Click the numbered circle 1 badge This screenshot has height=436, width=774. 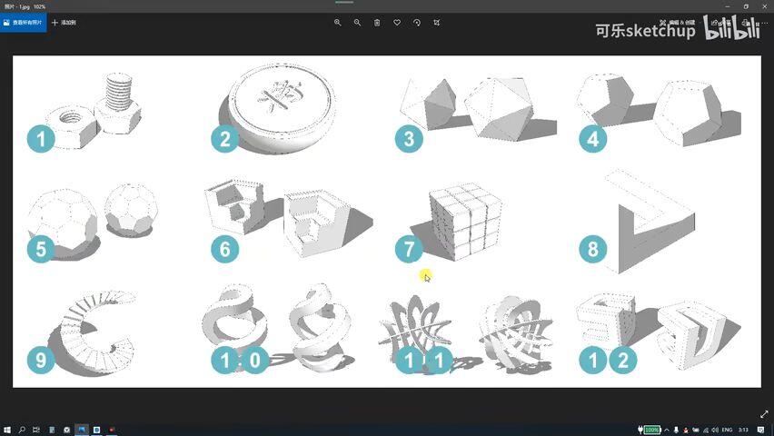(41, 139)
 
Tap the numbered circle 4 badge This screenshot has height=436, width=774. (592, 139)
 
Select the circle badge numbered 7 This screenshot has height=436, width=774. (409, 249)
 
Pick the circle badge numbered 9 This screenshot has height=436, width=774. (41, 361)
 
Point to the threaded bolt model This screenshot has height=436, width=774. (118, 102)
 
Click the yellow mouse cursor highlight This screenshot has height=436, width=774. (425, 275)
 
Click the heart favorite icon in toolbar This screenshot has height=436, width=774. (397, 22)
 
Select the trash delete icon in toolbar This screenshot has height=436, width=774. (377, 22)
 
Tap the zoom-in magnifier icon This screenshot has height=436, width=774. (337, 22)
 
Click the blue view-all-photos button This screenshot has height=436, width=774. (23, 22)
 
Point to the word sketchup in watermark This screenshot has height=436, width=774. (658, 31)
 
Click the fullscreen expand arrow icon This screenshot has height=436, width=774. (764, 414)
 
